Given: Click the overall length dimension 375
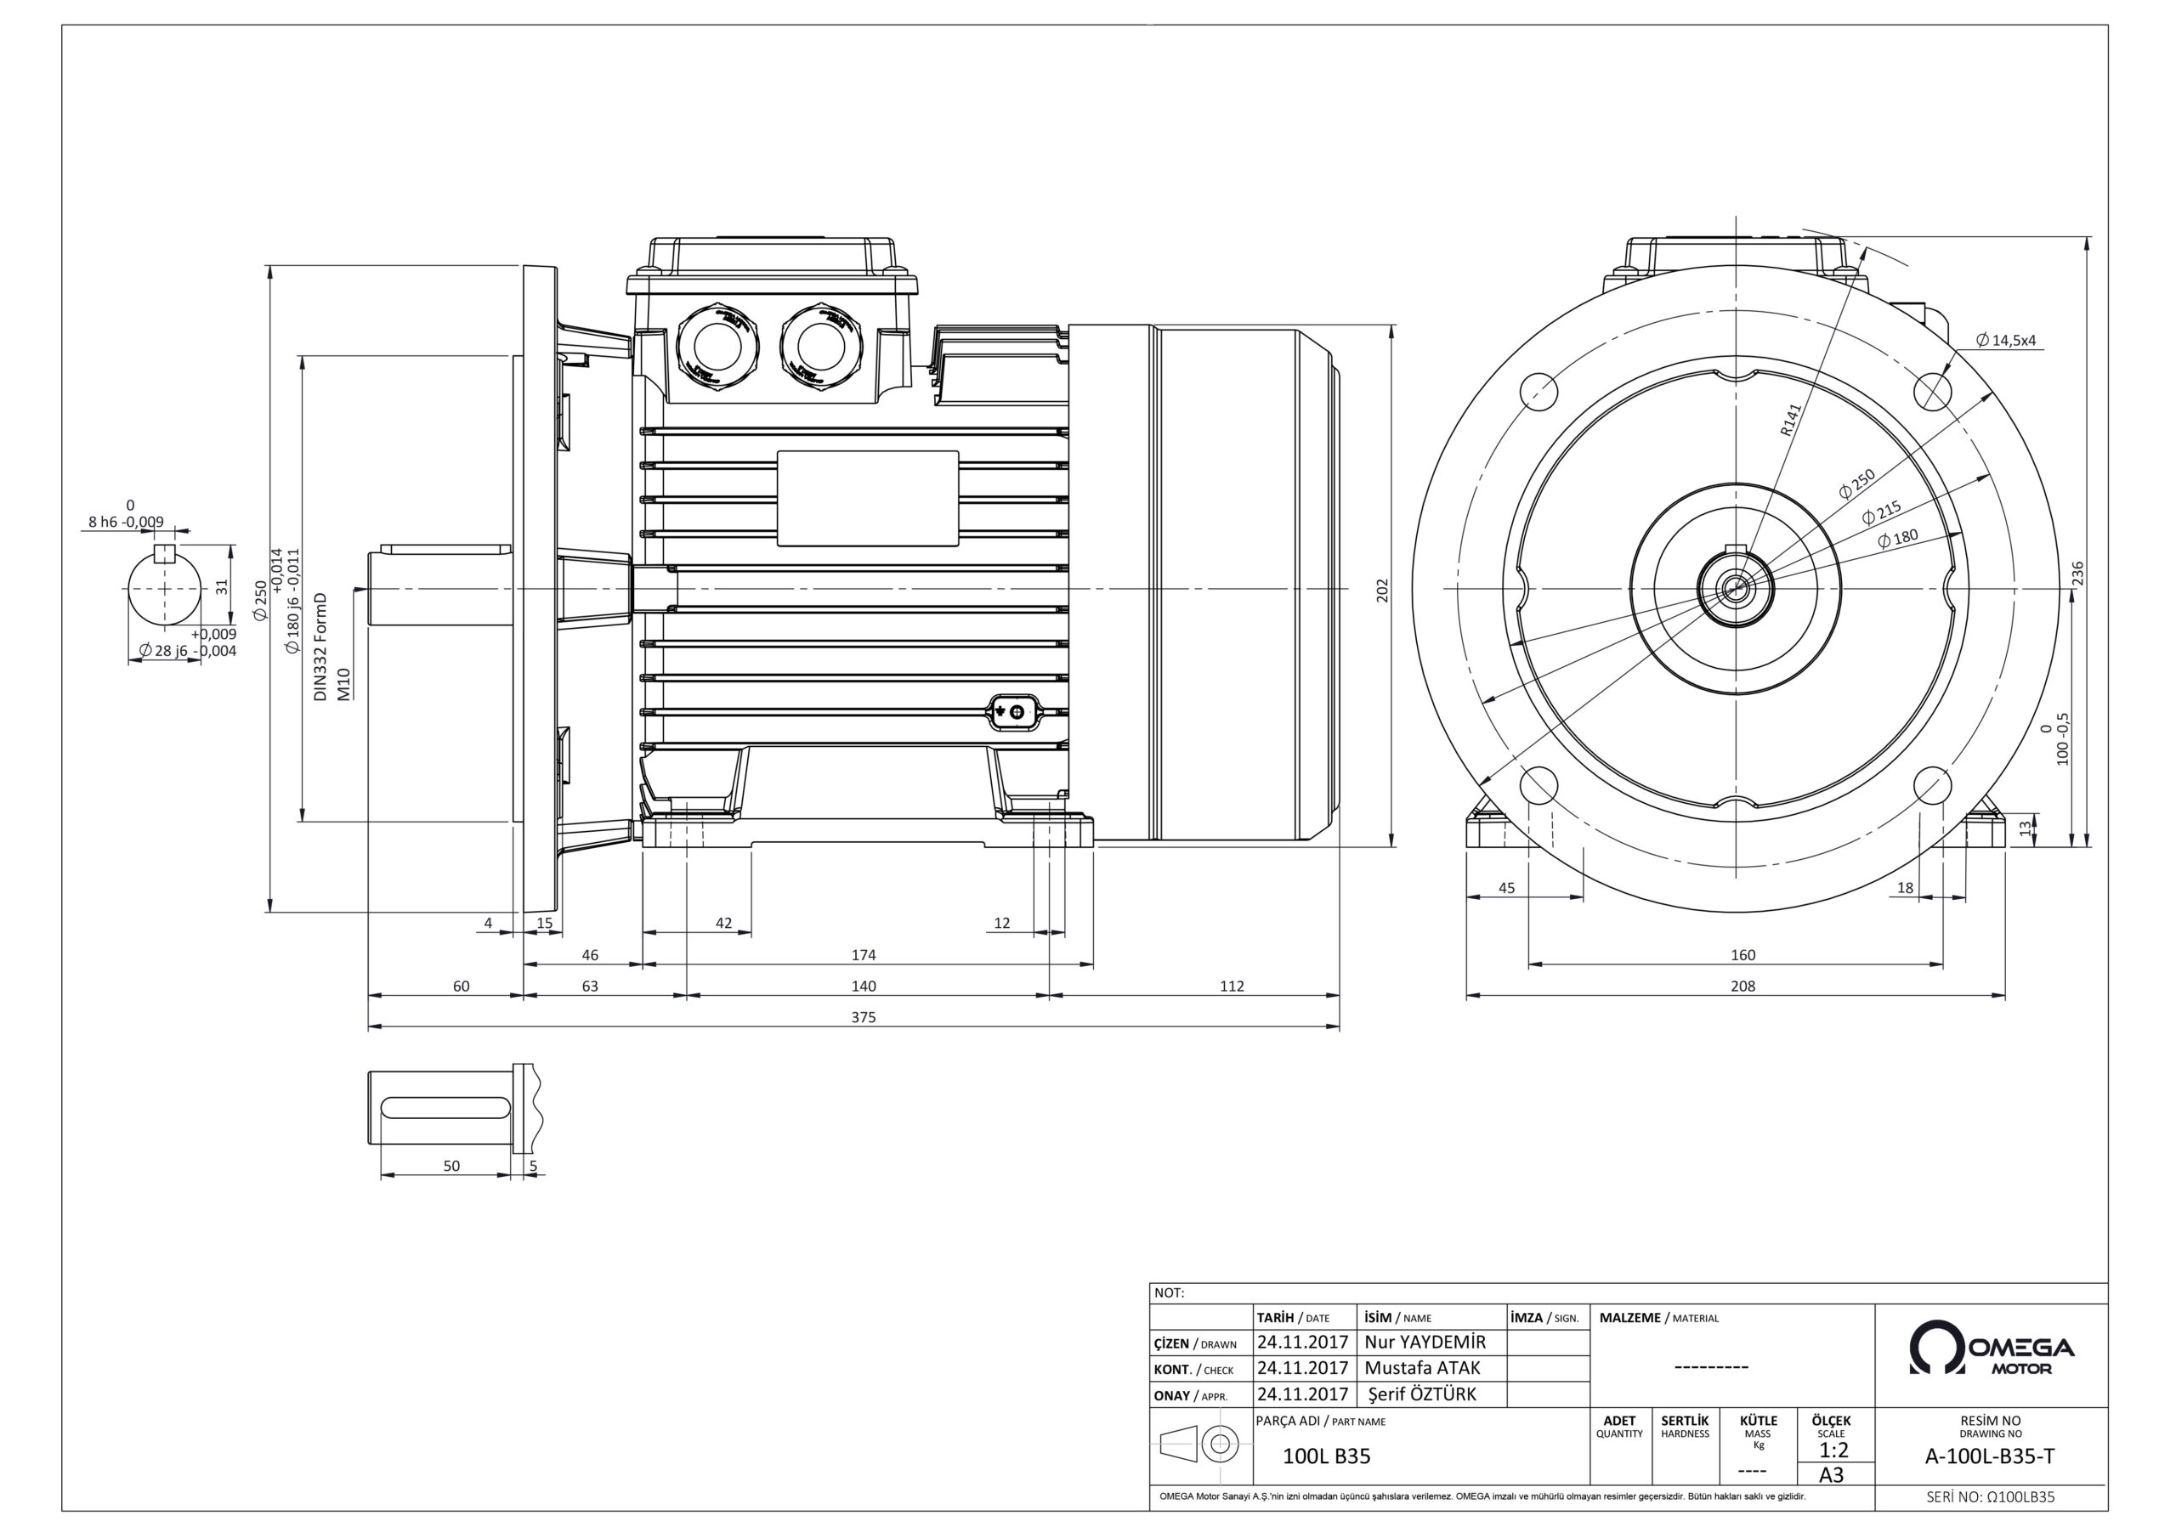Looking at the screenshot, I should pos(864,1018).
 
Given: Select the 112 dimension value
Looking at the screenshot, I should pos(1231,987).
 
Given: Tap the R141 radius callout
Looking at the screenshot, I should pos(1789,419).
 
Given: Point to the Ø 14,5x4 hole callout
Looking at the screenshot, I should pos(2006,340).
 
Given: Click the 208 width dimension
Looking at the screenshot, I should pos(1742,987).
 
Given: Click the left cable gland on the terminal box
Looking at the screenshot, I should pos(717,346).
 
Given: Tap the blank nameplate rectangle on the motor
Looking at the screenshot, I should pos(867,499).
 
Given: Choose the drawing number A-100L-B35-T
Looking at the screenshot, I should pos(1990,1456).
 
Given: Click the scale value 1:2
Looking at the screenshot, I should pos(1833,1450).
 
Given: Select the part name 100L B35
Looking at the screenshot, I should pos(1326,1456).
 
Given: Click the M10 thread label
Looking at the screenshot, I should pos(344,683).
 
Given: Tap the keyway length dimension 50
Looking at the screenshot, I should pos(451,1167).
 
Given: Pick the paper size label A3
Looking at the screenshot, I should pos(1832,1475).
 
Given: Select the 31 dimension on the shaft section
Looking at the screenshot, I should pos(222,587).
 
